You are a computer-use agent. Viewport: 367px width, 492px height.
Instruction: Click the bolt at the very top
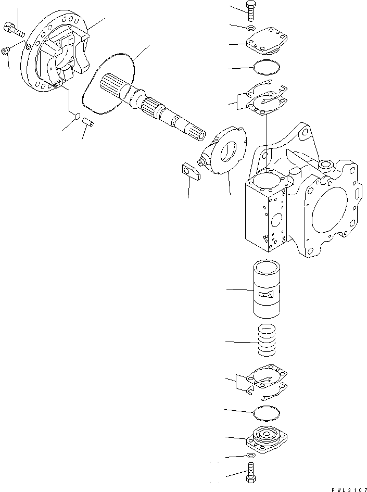(x=251, y=11)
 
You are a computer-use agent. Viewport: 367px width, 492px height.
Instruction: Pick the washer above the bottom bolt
(x=250, y=456)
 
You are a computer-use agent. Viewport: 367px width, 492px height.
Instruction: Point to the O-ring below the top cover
(x=266, y=67)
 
